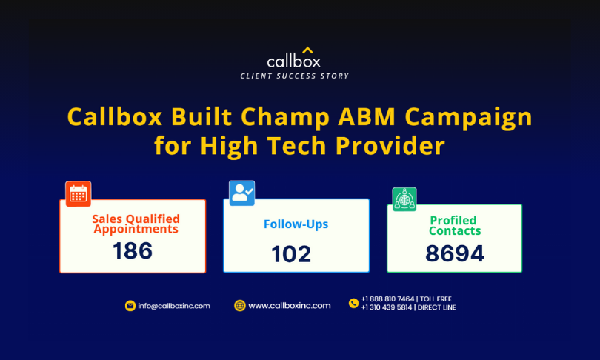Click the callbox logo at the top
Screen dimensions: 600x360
294,58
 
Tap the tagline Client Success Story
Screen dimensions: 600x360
294,76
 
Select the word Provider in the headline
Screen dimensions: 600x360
390,146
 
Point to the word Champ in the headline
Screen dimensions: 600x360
285,118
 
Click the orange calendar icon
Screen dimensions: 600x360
79,194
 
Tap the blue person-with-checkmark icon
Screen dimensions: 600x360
241,193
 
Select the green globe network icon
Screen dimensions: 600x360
404,199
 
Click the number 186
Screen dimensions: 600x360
133,251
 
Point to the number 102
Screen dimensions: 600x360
291,254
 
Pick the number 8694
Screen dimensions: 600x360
455,253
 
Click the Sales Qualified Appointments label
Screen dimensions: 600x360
136,224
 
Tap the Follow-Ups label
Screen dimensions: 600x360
296,224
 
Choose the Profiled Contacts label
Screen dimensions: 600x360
455,225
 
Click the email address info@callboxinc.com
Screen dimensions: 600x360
174,306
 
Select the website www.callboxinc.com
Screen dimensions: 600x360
290,306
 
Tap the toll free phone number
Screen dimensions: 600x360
387,299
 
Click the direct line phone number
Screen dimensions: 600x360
387,307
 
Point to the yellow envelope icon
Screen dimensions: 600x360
130,306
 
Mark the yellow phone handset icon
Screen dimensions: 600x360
353,303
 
